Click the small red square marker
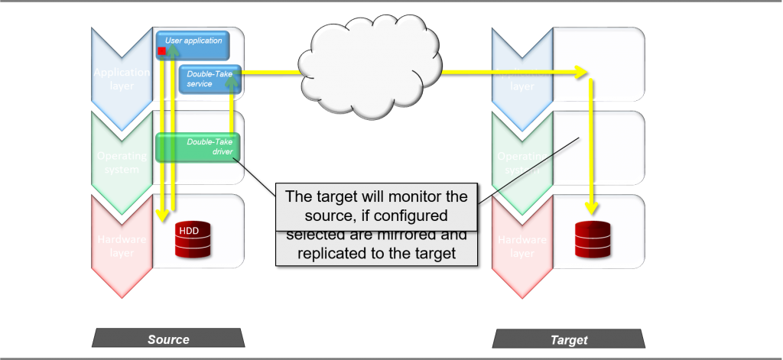162,51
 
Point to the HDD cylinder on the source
193,241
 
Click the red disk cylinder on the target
593,240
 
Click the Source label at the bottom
168,339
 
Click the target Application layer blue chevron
522,79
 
